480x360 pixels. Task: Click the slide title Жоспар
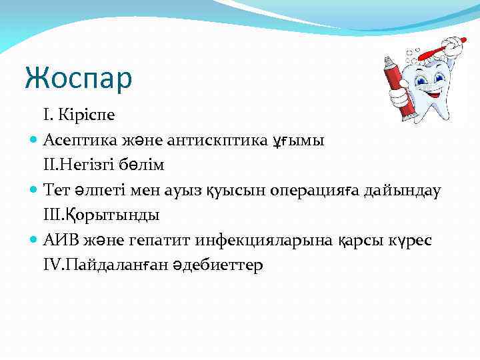pyautogui.click(x=79, y=78)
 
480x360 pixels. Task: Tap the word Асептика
pyautogui.click(x=77, y=140)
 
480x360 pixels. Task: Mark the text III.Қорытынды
pyautogui.click(x=101, y=216)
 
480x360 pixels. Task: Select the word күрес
pyautogui.click(x=406, y=241)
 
